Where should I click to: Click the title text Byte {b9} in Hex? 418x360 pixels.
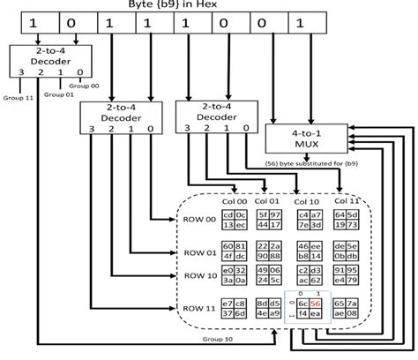(211, 9)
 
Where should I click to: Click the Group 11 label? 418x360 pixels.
(17, 97)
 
